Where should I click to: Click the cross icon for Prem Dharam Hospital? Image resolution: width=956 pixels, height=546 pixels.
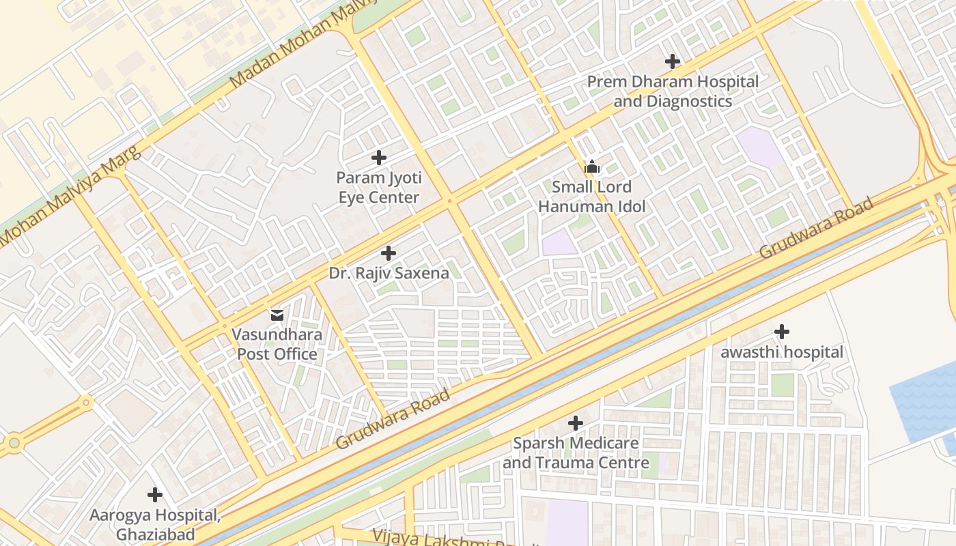[x=673, y=61]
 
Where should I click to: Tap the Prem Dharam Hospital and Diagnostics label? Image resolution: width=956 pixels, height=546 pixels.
[x=673, y=91]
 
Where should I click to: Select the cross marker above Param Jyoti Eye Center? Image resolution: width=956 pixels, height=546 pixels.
[x=379, y=158]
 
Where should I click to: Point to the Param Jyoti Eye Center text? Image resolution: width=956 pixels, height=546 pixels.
[x=379, y=188]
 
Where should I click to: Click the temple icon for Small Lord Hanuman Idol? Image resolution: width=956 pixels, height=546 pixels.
[x=591, y=167]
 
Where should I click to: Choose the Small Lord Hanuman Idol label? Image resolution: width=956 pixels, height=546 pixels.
[x=591, y=197]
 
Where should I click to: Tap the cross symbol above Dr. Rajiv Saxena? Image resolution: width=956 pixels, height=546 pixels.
[x=389, y=253]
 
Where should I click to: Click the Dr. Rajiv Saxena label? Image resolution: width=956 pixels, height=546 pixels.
[x=389, y=274]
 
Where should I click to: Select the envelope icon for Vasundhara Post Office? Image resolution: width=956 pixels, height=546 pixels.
[x=277, y=315]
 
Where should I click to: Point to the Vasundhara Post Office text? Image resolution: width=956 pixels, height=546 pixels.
[x=277, y=345]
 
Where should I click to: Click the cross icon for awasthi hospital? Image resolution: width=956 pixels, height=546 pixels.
[x=782, y=332]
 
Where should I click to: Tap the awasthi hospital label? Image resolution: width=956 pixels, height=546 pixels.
[x=782, y=353]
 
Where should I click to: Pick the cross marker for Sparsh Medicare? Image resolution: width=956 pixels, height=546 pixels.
[x=576, y=423]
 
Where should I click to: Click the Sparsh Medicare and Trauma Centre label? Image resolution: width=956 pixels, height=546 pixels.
[x=576, y=453]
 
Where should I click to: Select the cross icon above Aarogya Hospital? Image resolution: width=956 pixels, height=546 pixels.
[x=155, y=494]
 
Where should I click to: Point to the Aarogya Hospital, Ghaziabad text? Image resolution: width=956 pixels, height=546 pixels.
[x=155, y=524]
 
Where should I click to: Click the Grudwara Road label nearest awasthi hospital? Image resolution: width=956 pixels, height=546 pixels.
[x=816, y=228]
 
